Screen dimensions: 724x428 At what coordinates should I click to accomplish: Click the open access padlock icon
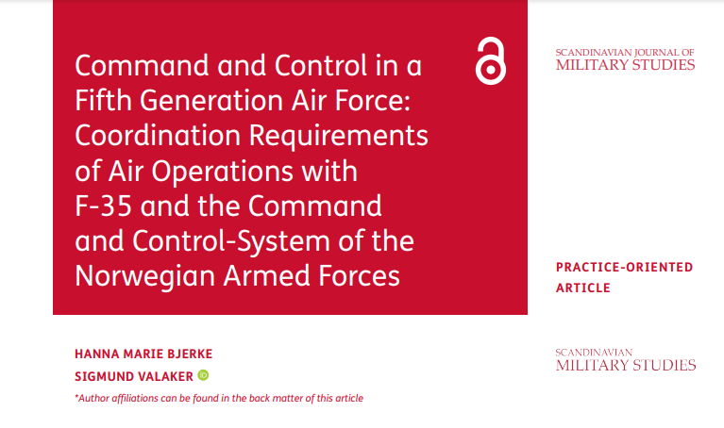490,61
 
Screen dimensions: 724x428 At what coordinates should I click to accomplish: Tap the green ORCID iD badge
203,375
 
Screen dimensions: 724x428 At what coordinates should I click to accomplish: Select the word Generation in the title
211,100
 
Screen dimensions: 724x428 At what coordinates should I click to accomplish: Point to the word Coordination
158,136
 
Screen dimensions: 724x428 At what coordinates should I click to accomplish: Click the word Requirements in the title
339,137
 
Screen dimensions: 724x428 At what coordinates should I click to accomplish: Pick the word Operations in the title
222,172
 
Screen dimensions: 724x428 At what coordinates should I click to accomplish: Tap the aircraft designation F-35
103,206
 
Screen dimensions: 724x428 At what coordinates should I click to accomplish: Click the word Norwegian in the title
144,277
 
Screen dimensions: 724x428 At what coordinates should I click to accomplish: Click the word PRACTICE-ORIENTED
624,267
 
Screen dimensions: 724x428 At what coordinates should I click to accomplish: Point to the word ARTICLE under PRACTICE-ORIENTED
583,288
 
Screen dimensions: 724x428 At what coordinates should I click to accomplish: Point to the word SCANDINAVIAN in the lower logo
594,353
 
